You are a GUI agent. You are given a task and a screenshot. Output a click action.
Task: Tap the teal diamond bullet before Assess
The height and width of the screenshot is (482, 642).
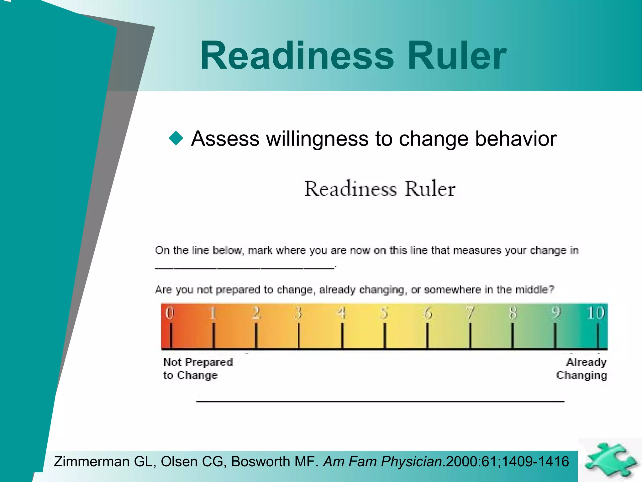[176, 138]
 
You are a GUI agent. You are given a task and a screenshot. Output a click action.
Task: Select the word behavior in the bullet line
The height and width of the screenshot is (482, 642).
[516, 139]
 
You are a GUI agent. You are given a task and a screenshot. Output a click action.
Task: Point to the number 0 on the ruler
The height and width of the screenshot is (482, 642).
[170, 313]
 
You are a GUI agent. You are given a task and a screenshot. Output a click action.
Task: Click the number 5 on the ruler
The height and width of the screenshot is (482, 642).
[384, 313]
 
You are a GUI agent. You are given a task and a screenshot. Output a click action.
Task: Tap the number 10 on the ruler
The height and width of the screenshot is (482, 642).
[595, 313]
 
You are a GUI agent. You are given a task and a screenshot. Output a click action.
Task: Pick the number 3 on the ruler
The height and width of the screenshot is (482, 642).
[298, 313]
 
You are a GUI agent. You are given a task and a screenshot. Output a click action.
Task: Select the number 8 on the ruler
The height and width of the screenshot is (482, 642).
[513, 313]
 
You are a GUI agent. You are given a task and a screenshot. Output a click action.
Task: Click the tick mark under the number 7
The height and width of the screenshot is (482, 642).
[470, 336]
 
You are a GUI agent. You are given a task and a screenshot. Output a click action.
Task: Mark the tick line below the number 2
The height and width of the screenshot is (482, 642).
[256, 336]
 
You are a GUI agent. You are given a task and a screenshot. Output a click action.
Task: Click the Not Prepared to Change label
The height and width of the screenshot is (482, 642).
[198, 369]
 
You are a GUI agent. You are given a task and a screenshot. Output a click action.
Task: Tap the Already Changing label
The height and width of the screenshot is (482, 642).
[582, 369]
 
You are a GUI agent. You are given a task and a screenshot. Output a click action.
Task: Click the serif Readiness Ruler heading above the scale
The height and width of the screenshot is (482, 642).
[380, 189]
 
